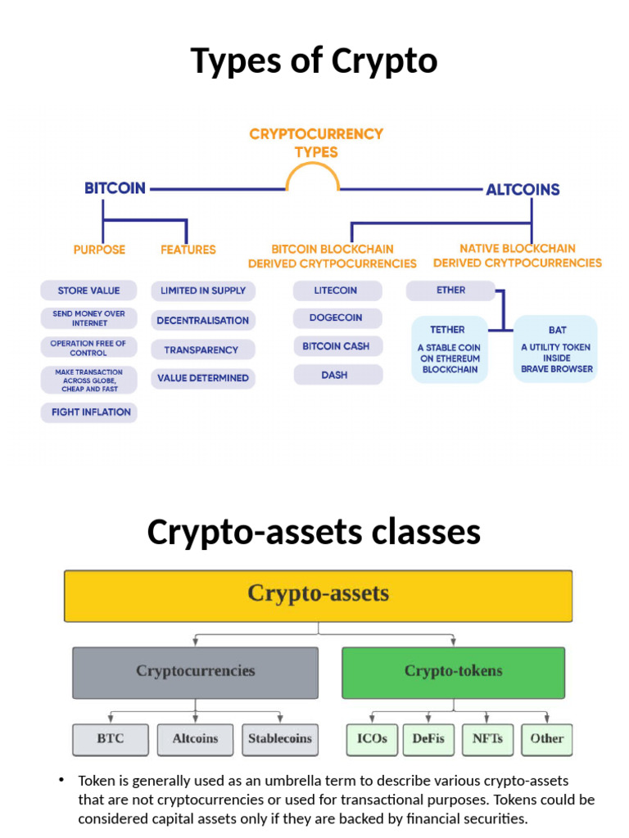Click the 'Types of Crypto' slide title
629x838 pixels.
tap(314, 61)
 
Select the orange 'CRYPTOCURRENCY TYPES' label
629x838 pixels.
tap(316, 142)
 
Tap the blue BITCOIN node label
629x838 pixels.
tap(115, 188)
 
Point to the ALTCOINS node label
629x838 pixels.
tap(523, 190)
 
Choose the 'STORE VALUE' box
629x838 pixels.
tap(88, 291)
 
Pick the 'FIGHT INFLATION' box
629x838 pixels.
tap(90, 412)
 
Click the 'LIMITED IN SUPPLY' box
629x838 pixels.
tap(203, 291)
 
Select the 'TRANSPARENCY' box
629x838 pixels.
tap(201, 349)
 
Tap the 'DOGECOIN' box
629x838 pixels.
tap(336, 318)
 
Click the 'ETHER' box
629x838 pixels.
tap(450, 291)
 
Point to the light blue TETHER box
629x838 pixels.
tap(450, 349)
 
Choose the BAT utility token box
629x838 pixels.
tap(557, 349)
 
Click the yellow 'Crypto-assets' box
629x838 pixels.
tap(318, 594)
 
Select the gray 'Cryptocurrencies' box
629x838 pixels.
tap(195, 672)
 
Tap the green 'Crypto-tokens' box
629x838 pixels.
tap(453, 672)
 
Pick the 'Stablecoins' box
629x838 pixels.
tap(280, 739)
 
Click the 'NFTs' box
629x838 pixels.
tap(488, 739)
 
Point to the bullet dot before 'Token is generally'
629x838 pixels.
tap(61, 780)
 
